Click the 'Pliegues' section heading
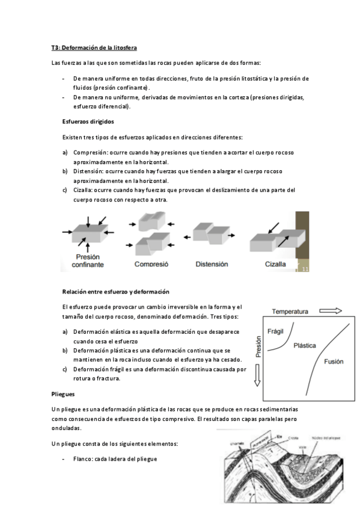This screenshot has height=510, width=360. [63, 395]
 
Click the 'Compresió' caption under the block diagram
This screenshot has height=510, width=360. [151, 264]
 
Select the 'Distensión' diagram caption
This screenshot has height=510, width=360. [212, 263]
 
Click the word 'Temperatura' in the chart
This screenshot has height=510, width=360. [290, 312]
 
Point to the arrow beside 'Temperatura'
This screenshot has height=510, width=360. [331, 311]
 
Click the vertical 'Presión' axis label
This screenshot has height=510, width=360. [259, 348]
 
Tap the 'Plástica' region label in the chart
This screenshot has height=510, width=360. [305, 346]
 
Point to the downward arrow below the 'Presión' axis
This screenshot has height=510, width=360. [259, 376]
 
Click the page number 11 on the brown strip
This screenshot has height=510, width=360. [305, 269]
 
